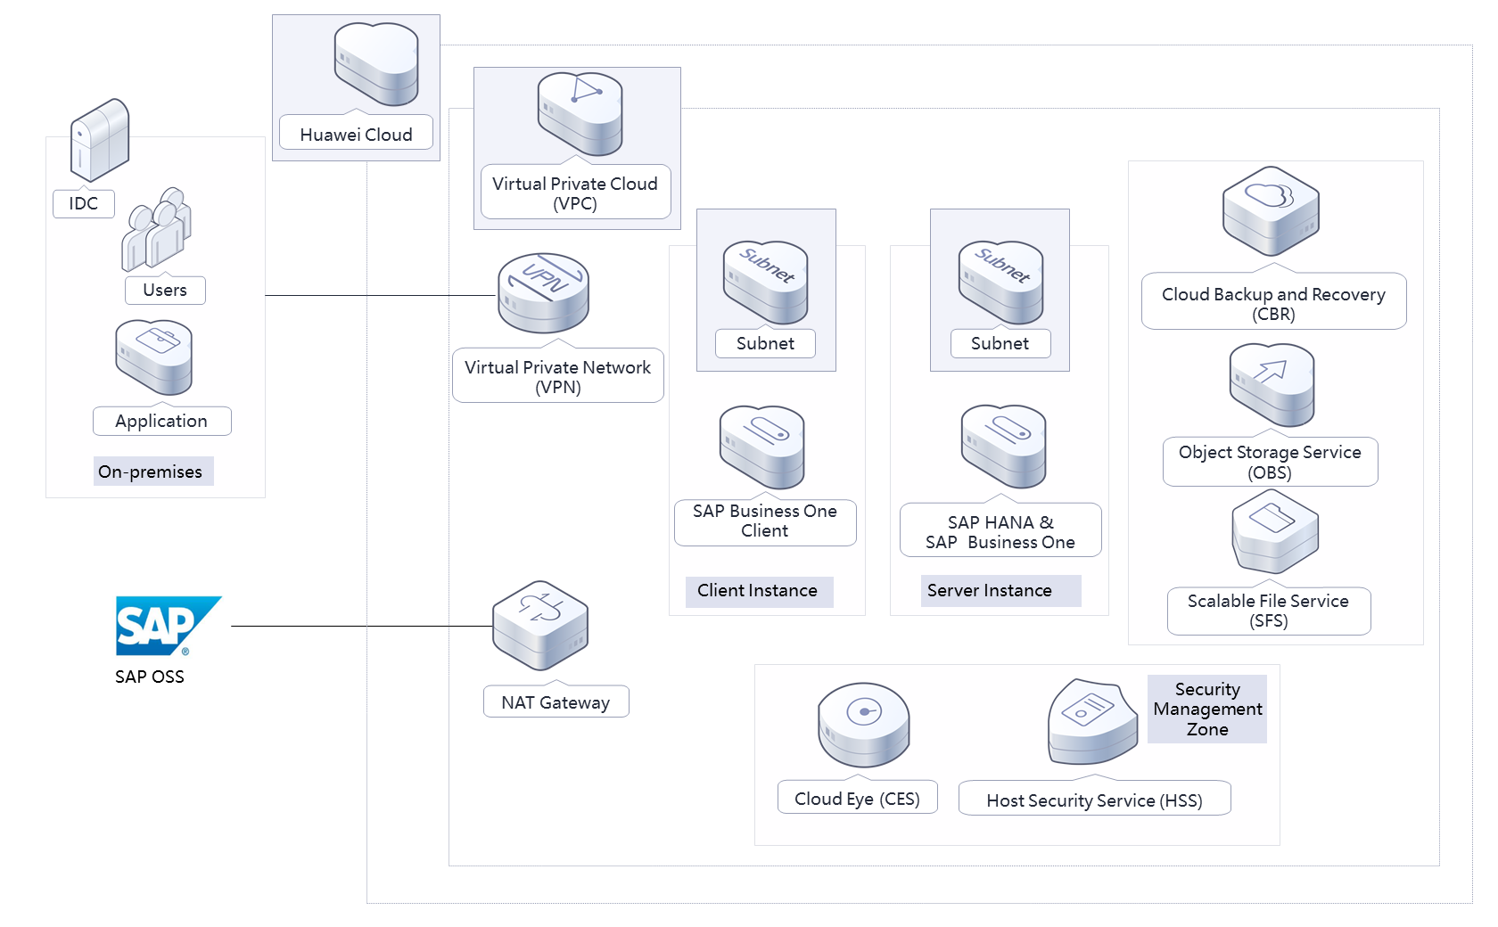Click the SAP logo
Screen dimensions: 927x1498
point(167,625)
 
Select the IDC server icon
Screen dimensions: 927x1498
point(100,140)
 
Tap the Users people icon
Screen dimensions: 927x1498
point(156,229)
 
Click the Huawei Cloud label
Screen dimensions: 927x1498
point(356,135)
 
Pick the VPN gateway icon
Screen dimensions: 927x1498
point(543,292)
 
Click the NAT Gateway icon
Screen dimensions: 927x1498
point(540,625)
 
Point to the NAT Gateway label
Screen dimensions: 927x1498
point(556,702)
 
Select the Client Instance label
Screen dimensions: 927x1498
point(758,591)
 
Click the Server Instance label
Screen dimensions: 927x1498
point(990,591)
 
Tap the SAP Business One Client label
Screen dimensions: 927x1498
point(765,521)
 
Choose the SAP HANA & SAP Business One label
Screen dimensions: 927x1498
point(1000,532)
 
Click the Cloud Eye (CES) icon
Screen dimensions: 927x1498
point(863,725)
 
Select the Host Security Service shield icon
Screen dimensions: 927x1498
point(1092,722)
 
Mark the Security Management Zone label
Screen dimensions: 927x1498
point(1207,710)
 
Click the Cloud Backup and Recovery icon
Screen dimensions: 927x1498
point(1271,211)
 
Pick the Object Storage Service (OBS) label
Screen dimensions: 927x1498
point(1270,462)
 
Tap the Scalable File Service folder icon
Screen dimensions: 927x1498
point(1275,531)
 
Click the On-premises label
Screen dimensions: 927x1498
point(151,472)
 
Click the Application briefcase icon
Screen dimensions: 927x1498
point(153,357)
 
